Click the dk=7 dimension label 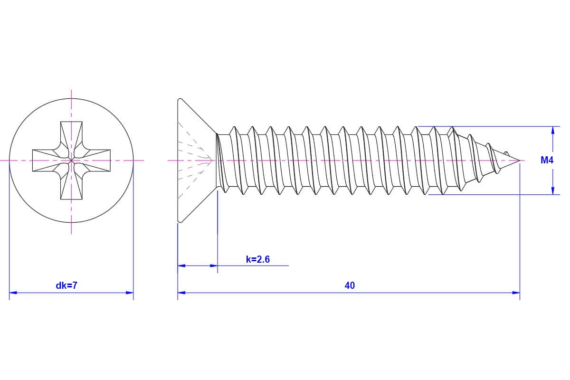coord(66,285)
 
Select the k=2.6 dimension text coord(258,259)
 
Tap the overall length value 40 coord(350,285)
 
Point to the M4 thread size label coord(547,161)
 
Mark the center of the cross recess coord(71,161)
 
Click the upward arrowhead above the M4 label coord(552,130)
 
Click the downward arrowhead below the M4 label coord(552,191)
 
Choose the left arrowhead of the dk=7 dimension coord(13,293)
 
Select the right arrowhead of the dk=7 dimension coord(130,293)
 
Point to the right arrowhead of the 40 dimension coord(516,293)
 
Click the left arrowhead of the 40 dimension coord(181,293)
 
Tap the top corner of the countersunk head coord(180,100)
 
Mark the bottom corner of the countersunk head coord(180,221)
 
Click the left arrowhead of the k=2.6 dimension coord(181,266)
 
